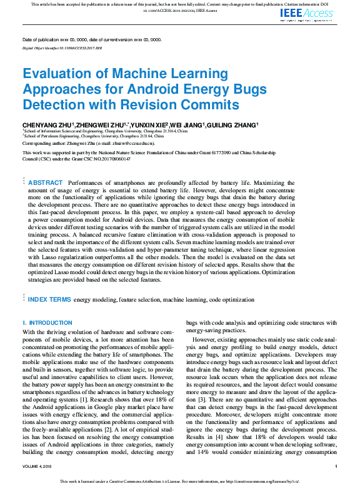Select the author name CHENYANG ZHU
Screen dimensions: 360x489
click(x=47, y=126)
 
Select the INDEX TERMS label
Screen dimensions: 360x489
click(x=50, y=300)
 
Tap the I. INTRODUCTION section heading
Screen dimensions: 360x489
click(x=47, y=323)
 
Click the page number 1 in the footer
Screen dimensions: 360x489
click(x=336, y=467)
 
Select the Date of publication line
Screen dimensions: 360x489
click(x=92, y=39)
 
